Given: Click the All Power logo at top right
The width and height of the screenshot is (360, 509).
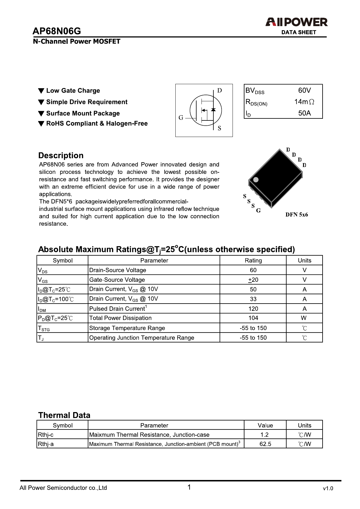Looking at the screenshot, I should [x=296, y=22].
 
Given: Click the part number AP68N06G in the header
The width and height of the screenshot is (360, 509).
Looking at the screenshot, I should [x=57, y=31].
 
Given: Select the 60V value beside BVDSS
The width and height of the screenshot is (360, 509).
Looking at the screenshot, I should [x=304, y=90].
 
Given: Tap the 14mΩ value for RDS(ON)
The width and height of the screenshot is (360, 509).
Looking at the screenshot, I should [x=304, y=102].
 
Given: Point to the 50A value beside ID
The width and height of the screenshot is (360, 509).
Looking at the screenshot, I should [x=304, y=113].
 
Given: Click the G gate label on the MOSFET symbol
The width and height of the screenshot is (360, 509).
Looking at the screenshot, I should [x=181, y=118].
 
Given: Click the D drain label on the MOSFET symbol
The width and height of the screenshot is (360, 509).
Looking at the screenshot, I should [x=219, y=91].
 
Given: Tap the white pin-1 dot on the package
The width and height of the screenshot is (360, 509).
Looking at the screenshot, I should [x=256, y=180].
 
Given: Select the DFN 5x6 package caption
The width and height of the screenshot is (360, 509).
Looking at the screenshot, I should [x=296, y=215].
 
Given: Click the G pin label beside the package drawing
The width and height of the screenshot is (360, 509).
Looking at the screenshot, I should [x=258, y=211].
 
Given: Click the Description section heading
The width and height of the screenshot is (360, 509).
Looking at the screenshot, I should [x=61, y=156].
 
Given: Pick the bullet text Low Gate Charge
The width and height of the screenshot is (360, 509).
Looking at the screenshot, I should [x=73, y=91].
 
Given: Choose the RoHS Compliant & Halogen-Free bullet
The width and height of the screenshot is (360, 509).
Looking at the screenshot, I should [x=97, y=124].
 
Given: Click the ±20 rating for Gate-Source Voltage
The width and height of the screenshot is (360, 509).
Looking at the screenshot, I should [x=253, y=280].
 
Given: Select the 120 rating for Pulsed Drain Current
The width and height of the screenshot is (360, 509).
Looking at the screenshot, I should [x=253, y=309].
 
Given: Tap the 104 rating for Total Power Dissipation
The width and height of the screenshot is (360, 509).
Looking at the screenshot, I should [x=253, y=318].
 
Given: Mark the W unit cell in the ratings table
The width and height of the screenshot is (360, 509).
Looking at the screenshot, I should [x=304, y=318].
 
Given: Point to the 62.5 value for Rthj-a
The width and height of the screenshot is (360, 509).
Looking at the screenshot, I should [x=265, y=444].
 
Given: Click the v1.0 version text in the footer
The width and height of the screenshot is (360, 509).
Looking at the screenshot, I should [x=328, y=488].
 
